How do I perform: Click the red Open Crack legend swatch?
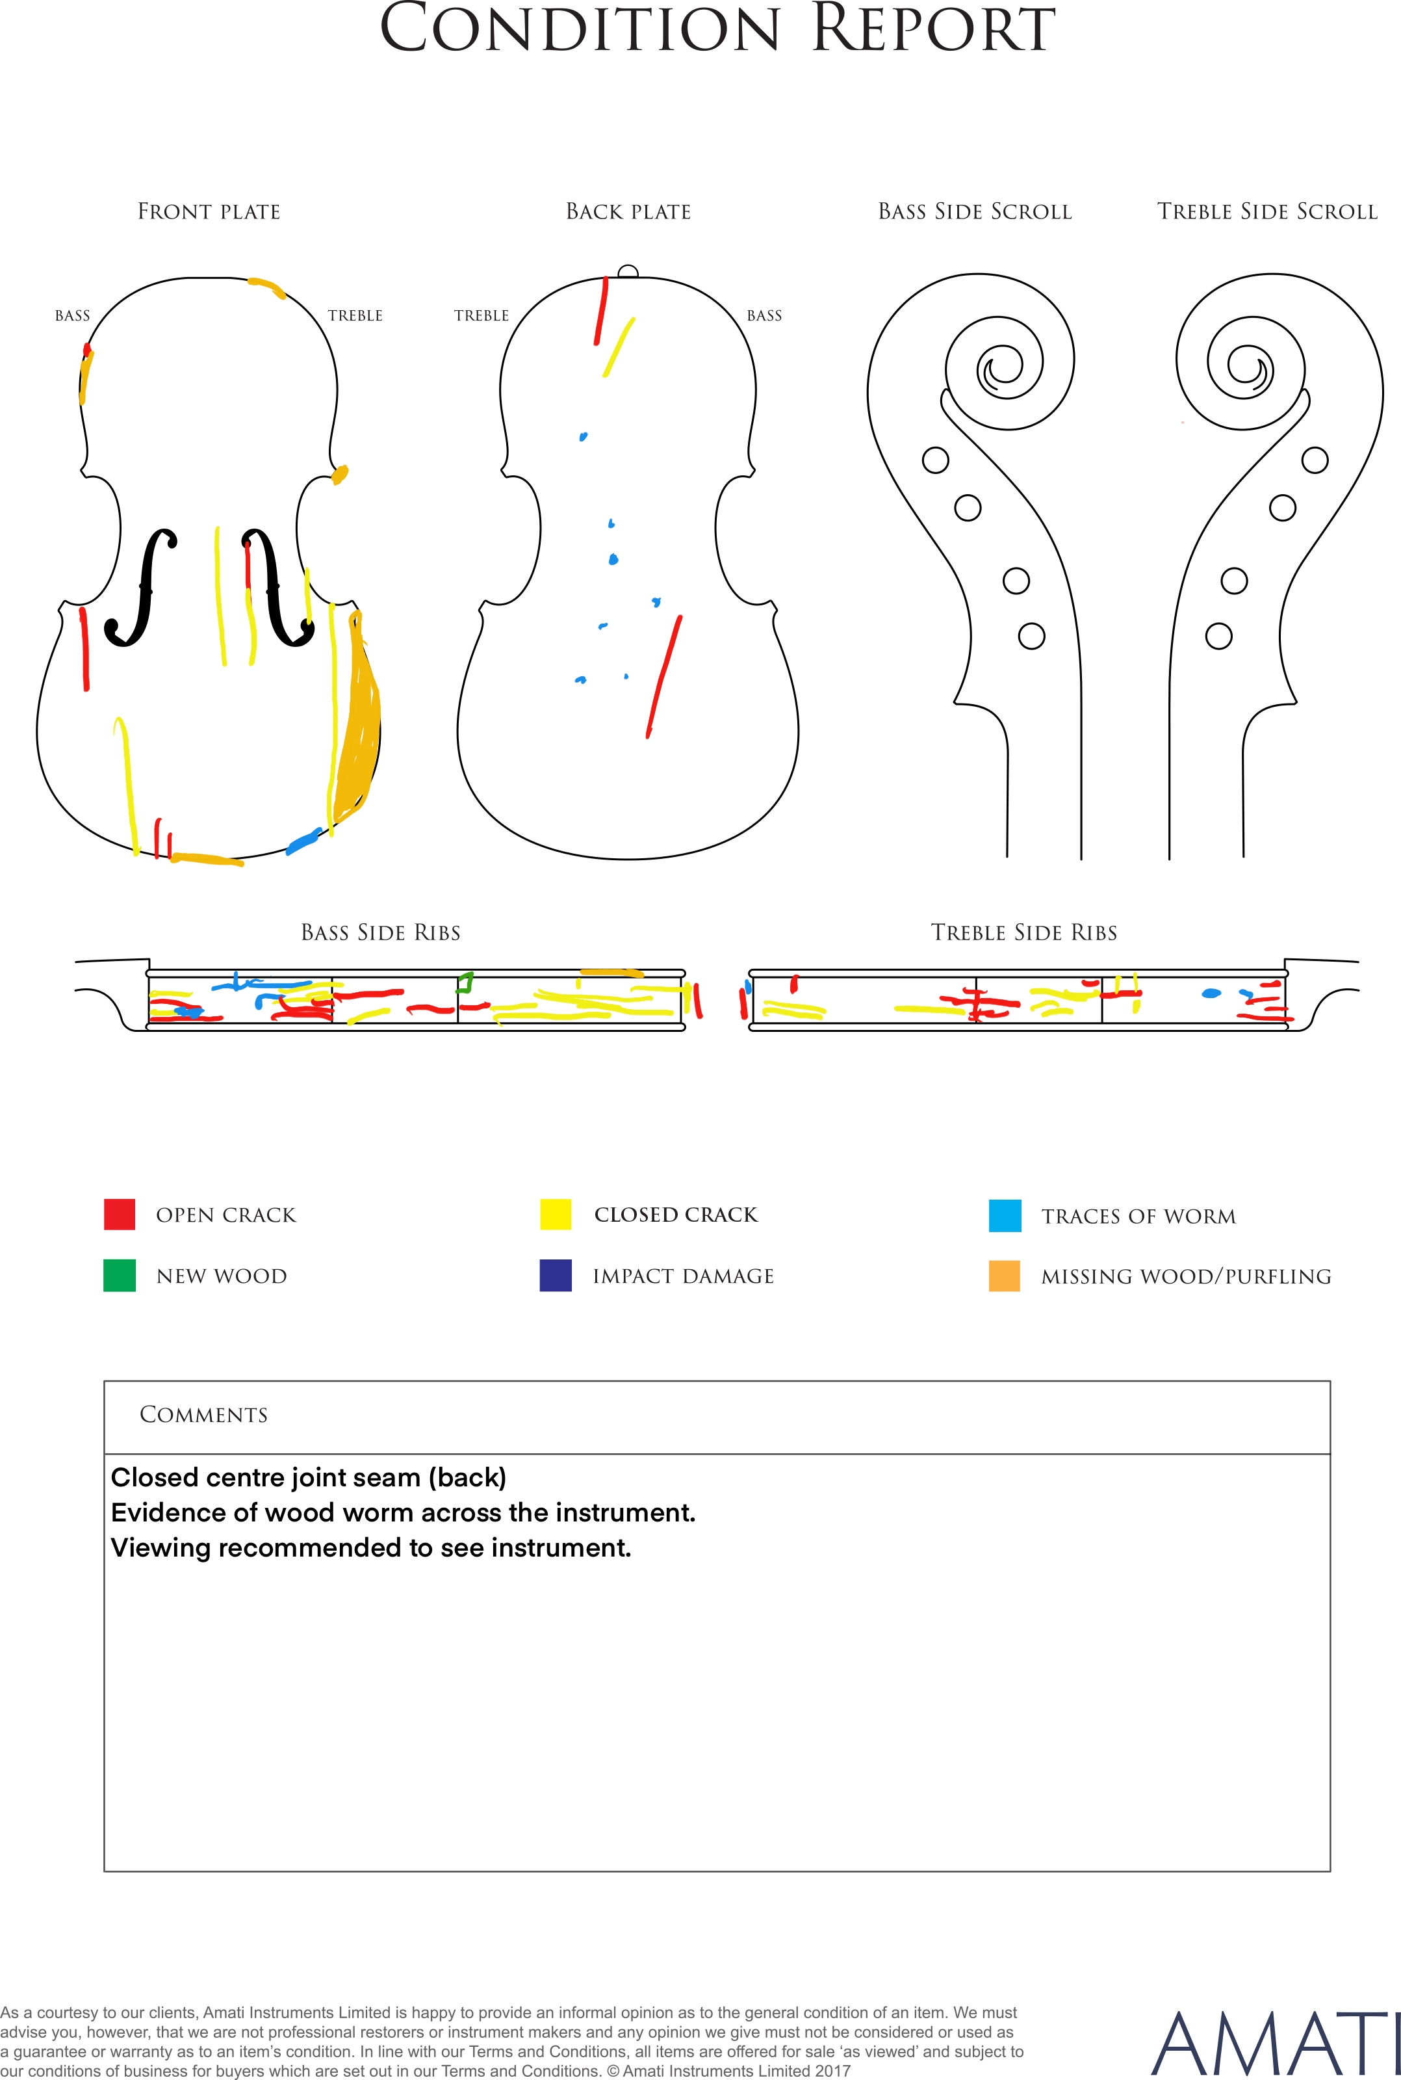pos(120,1215)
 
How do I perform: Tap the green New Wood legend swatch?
pos(120,1276)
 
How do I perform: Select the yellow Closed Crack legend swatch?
pos(556,1215)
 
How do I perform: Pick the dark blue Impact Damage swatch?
pos(556,1276)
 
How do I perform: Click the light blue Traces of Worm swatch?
pos(1005,1216)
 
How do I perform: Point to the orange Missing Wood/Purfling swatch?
pos(1005,1276)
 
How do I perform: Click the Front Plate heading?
pos(209,212)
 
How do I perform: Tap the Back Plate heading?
pos(628,212)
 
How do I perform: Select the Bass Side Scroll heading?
pos(975,212)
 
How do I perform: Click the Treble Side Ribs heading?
pos(1024,933)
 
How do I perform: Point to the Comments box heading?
pos(204,1414)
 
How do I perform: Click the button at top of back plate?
pos(628,272)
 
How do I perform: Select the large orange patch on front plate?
pos(357,724)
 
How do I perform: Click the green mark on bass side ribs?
pos(464,983)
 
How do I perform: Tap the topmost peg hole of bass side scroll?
pos(936,460)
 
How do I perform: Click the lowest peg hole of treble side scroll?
pos(1219,637)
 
